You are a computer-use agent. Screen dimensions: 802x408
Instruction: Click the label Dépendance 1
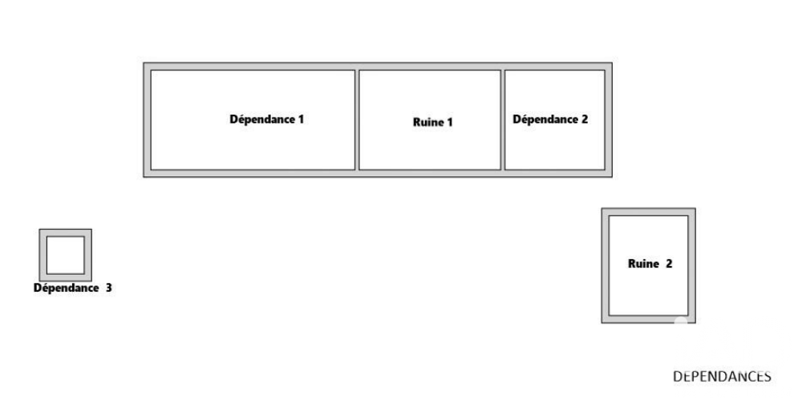266,119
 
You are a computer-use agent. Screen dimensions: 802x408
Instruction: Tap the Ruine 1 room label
433,122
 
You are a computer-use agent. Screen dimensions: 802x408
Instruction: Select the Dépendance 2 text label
550,119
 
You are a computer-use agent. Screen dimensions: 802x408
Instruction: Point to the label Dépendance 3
73,288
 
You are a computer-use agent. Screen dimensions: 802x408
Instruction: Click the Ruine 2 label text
650,264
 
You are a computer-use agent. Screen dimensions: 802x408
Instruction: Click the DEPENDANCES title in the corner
722,376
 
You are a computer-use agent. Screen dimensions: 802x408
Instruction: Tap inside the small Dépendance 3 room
66,255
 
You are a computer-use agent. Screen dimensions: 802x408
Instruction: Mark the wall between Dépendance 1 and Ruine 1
357,119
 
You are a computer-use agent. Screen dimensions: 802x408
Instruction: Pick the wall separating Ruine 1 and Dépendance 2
503,119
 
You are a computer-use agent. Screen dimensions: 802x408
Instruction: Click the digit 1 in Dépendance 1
301,119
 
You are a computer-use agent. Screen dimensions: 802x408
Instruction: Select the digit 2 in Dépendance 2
585,119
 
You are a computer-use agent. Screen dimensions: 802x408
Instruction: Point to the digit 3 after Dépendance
108,288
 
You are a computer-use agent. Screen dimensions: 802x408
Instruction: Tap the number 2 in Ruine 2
669,264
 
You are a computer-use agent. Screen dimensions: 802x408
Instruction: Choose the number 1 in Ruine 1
450,122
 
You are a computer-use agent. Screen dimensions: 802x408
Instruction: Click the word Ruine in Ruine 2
643,264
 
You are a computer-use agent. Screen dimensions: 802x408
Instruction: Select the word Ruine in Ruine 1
428,122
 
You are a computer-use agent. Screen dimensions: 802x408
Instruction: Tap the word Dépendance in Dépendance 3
66,288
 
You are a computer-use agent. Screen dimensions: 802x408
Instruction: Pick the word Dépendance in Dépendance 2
545,119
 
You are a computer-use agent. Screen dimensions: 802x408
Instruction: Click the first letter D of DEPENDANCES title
677,376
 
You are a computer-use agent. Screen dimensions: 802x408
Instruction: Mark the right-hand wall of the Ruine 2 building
692,265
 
